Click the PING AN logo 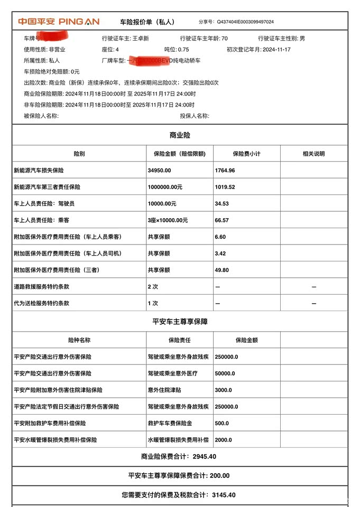pyautogui.click(x=59, y=22)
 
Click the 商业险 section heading pyautogui.click(x=180, y=136)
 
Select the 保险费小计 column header pyautogui.click(x=246, y=154)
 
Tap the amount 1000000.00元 pyautogui.click(x=165, y=187)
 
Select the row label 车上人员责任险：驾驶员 pyautogui.click(x=44, y=204)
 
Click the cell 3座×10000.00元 pyautogui.click(x=168, y=220)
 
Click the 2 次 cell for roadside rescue pyautogui.click(x=153, y=287)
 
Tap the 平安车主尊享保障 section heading pyautogui.click(x=180, y=321)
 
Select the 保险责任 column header pyautogui.click(x=180, y=340)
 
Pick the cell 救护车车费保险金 pyautogui.click(x=170, y=424)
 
